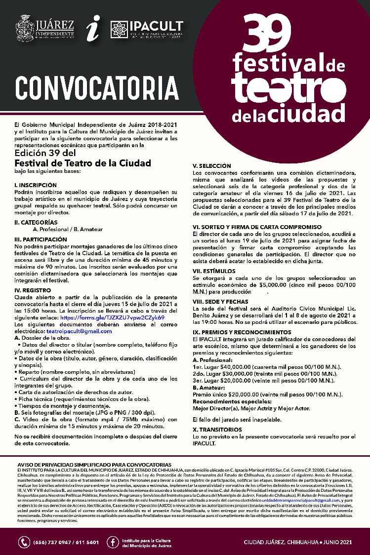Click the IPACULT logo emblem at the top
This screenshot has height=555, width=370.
pyautogui.click(x=120, y=31)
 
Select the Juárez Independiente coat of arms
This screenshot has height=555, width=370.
pyautogui.click(x=25, y=29)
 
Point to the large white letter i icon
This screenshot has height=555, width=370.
pyautogui.click(x=92, y=29)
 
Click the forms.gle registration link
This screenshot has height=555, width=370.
pyautogui.click(x=112, y=317)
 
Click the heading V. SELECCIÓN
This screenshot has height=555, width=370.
pyautogui.click(x=211, y=166)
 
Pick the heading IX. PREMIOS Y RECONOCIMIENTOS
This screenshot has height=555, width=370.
pyautogui.click(x=242, y=332)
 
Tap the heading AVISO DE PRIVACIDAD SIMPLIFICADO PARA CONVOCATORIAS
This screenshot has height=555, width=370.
pyautogui.click(x=94, y=465)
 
